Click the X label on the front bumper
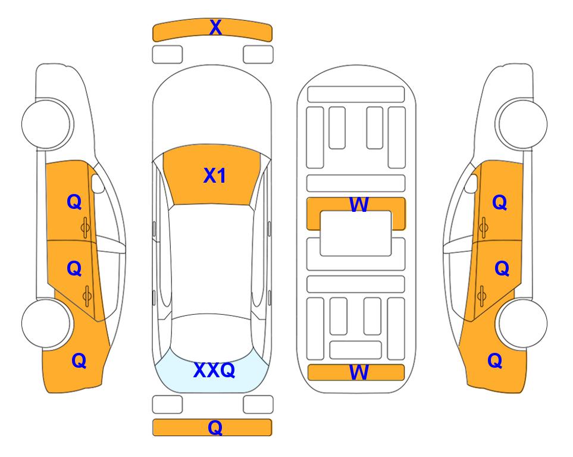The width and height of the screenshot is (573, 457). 215,27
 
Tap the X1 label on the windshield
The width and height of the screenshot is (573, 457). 215,176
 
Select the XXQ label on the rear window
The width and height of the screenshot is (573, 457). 214,370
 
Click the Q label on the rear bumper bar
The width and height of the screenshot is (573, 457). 215,427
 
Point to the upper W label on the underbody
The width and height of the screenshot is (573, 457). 359,205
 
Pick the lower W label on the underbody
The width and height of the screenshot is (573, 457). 359,373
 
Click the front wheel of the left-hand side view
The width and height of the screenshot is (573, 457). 46,124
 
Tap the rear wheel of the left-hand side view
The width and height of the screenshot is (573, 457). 46,323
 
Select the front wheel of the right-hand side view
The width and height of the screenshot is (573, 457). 522,124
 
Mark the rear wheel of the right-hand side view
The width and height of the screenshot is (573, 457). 522,323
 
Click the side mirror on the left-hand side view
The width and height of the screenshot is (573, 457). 98,183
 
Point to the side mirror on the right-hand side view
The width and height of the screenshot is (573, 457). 471,183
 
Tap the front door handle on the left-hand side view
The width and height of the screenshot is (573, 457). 85,227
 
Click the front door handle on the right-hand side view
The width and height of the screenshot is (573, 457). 484,227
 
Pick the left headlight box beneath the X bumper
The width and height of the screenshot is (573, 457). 167,55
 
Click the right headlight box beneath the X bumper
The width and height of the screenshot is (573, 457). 258,55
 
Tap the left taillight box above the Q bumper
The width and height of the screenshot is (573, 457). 167,405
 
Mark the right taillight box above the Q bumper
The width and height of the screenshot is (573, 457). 258,405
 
